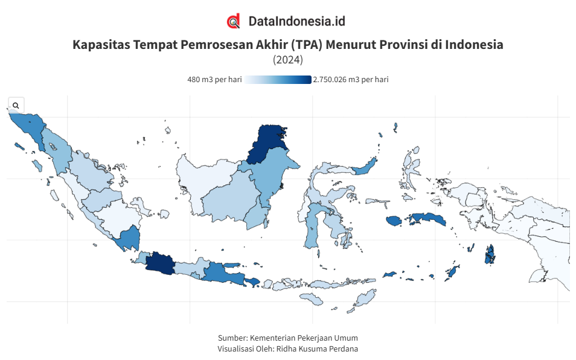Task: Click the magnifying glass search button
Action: point(16,105)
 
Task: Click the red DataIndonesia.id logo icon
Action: point(234,21)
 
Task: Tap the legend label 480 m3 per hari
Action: point(214,80)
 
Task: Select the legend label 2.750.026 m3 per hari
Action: point(351,80)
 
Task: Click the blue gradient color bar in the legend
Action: point(278,80)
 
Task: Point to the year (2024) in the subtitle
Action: point(288,60)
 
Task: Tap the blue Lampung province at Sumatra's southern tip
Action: point(129,239)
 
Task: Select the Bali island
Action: point(252,281)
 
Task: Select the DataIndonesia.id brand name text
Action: point(296,21)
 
